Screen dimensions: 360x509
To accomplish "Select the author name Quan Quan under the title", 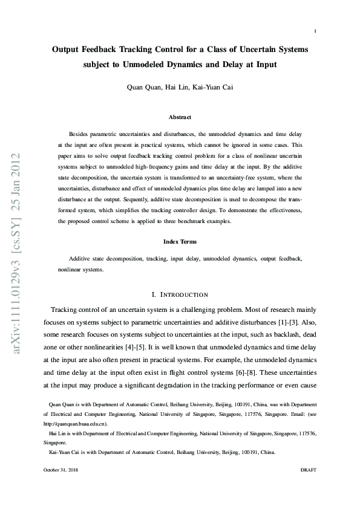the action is pos(143,88).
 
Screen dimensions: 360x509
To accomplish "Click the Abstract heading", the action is pos(180,117).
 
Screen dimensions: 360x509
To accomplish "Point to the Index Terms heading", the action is pos(180,242).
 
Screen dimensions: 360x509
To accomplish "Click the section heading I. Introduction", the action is pos(180,294).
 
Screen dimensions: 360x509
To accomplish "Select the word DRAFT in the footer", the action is pos(309,470).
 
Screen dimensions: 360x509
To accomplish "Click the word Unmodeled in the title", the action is pos(146,63).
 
